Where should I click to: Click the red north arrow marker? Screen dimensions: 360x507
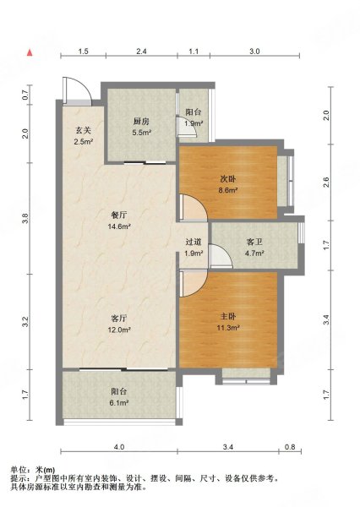click(x=30, y=52)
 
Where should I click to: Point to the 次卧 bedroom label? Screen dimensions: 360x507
click(x=228, y=179)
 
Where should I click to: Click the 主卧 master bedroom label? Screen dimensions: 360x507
click(x=228, y=317)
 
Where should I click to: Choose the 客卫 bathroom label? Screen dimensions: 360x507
click(x=254, y=242)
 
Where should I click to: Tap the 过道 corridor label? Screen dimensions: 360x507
click(x=194, y=242)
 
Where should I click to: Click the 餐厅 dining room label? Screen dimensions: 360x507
click(x=119, y=215)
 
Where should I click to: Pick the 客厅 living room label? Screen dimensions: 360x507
click(x=119, y=319)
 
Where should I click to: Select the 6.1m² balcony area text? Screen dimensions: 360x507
click(x=119, y=403)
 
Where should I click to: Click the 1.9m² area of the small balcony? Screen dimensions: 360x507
click(x=194, y=123)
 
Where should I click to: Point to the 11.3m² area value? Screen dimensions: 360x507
click(x=228, y=328)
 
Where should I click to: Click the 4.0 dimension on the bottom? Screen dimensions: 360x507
click(x=119, y=447)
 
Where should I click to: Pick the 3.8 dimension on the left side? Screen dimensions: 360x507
click(x=26, y=218)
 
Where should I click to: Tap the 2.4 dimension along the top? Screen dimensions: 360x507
click(x=141, y=52)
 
